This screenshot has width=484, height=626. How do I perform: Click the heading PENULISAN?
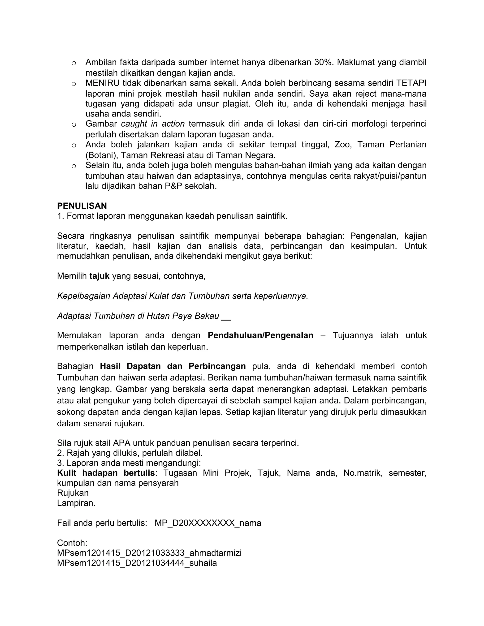[82, 206]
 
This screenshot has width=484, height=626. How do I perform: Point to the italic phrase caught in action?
[153, 124]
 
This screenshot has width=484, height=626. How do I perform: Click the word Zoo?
[343, 145]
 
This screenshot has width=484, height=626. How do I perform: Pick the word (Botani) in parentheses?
[101, 155]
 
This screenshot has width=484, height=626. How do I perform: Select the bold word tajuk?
[99, 276]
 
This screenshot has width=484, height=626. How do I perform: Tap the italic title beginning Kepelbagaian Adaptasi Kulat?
[182, 296]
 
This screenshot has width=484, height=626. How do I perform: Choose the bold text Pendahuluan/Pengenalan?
[260, 335]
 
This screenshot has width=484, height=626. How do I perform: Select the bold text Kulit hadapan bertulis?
[106, 473]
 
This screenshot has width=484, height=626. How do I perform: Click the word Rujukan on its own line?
[73, 493]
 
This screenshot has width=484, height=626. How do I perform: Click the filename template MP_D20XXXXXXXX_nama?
[208, 523]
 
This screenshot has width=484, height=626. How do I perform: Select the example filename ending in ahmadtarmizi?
[149, 553]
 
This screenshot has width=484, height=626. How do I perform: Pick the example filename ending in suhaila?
[137, 563]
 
